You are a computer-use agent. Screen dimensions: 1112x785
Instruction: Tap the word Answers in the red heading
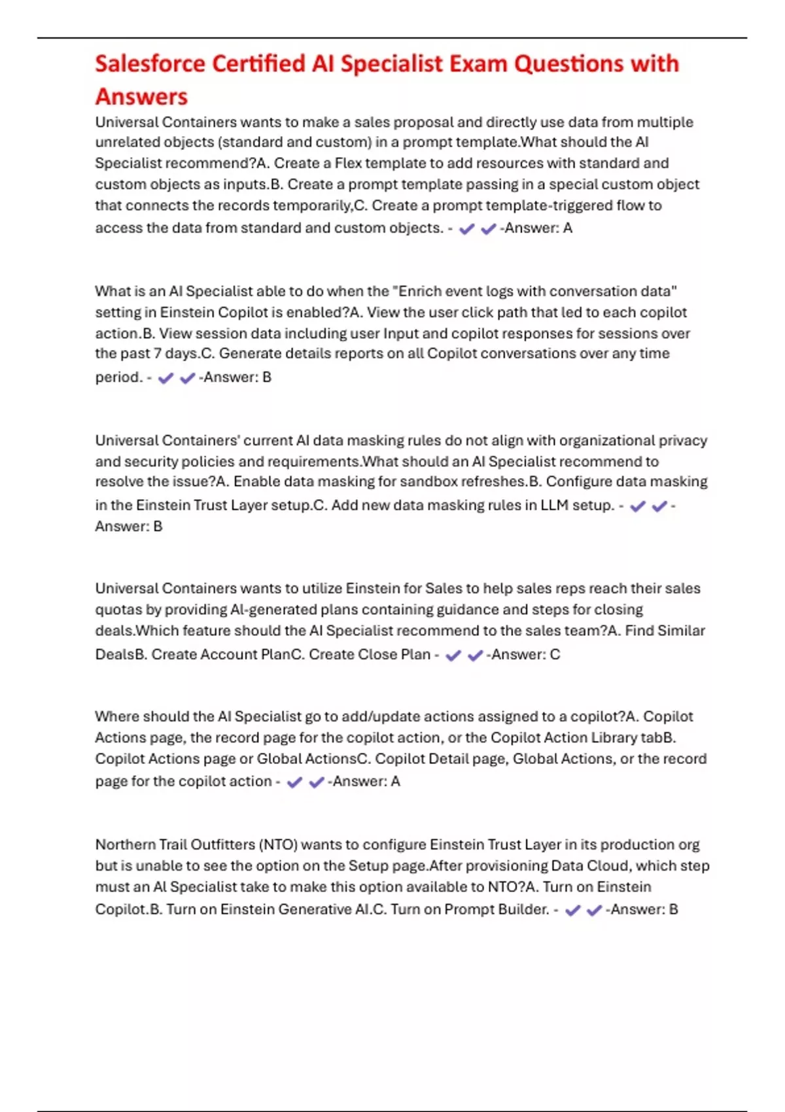coord(141,97)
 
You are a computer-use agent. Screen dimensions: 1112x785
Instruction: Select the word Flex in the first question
coord(349,163)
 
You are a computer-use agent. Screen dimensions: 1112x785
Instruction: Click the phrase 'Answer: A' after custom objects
coord(538,228)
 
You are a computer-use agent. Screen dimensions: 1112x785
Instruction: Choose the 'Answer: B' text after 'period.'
coord(237,377)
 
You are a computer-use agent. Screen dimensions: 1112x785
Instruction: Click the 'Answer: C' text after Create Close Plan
coord(525,655)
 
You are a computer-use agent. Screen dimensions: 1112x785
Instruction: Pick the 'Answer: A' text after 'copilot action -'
coord(366,782)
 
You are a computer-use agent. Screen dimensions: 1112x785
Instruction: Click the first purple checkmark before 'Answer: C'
coord(453,655)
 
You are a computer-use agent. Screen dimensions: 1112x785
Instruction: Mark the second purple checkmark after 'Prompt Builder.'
coord(594,911)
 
